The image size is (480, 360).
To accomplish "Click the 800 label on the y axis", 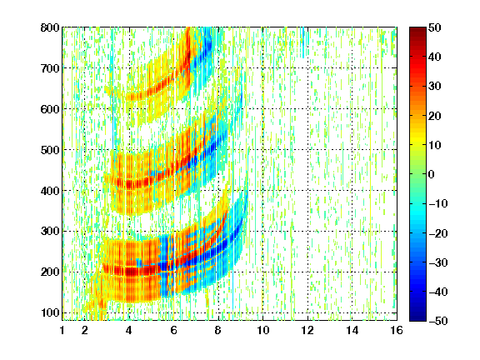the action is (x=50, y=27).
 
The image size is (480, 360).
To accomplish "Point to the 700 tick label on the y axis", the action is (x=50, y=68).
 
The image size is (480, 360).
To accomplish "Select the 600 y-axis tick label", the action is (x=50, y=109).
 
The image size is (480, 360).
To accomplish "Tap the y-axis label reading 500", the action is (x=50, y=150).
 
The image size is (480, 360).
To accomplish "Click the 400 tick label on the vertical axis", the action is (x=50, y=191).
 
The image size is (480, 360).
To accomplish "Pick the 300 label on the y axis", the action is (x=50, y=232).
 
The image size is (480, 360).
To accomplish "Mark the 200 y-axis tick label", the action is (x=50, y=272).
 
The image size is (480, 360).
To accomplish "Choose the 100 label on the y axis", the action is (x=50, y=312).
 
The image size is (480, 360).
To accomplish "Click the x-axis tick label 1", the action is (x=62, y=330).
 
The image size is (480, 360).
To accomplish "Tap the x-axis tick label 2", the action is (x=84, y=330).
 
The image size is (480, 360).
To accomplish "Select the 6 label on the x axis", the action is (x=173, y=330).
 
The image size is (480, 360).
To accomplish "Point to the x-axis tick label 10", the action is (x=262, y=330).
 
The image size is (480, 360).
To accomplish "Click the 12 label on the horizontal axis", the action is (x=307, y=330).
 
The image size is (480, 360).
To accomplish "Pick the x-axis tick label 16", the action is (x=397, y=330).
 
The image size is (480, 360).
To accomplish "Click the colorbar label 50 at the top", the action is (x=434, y=27).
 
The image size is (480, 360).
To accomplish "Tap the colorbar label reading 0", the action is (x=432, y=174).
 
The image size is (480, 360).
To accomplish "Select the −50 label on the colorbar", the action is (x=438, y=321).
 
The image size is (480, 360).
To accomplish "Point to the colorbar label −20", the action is (x=438, y=233).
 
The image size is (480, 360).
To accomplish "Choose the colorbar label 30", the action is (x=434, y=86).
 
